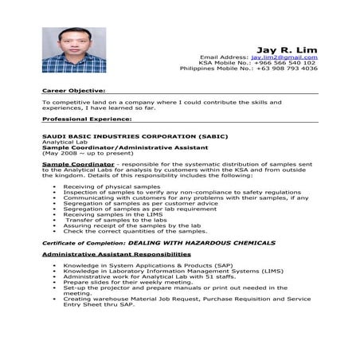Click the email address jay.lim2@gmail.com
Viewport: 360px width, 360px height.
(284, 57)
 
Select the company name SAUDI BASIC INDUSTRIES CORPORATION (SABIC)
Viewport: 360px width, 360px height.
(123, 136)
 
